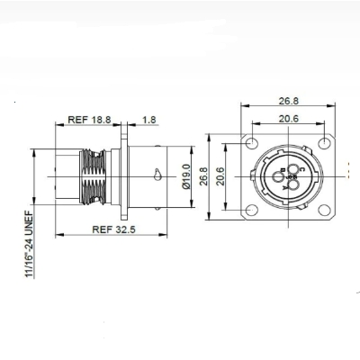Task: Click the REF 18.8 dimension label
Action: point(89,120)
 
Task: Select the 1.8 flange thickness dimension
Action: point(149,120)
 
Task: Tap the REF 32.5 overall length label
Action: point(113,229)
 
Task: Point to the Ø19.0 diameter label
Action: point(186,176)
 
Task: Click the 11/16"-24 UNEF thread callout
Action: point(30,243)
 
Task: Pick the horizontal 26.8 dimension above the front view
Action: point(289,101)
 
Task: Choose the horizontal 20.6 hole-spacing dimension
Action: point(289,119)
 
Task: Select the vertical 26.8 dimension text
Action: point(204,176)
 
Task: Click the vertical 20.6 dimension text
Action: point(220,176)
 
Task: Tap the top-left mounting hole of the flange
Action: point(252,143)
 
